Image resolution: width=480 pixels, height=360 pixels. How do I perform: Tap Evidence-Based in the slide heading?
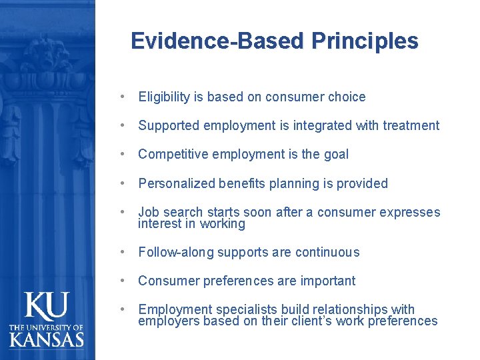pyautogui.click(x=218, y=41)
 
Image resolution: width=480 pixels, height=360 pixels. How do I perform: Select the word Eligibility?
pyautogui.click(x=164, y=97)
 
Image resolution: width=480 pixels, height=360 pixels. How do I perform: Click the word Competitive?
pyautogui.click(x=170, y=155)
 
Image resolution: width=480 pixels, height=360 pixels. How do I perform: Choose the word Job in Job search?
pyautogui.click(x=148, y=213)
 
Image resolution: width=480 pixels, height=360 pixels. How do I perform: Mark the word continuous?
pyautogui.click(x=329, y=253)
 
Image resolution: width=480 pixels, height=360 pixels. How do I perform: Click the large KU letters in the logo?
pyautogui.click(x=47, y=307)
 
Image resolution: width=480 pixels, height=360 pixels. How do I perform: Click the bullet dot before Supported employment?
pyautogui.click(x=125, y=126)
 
